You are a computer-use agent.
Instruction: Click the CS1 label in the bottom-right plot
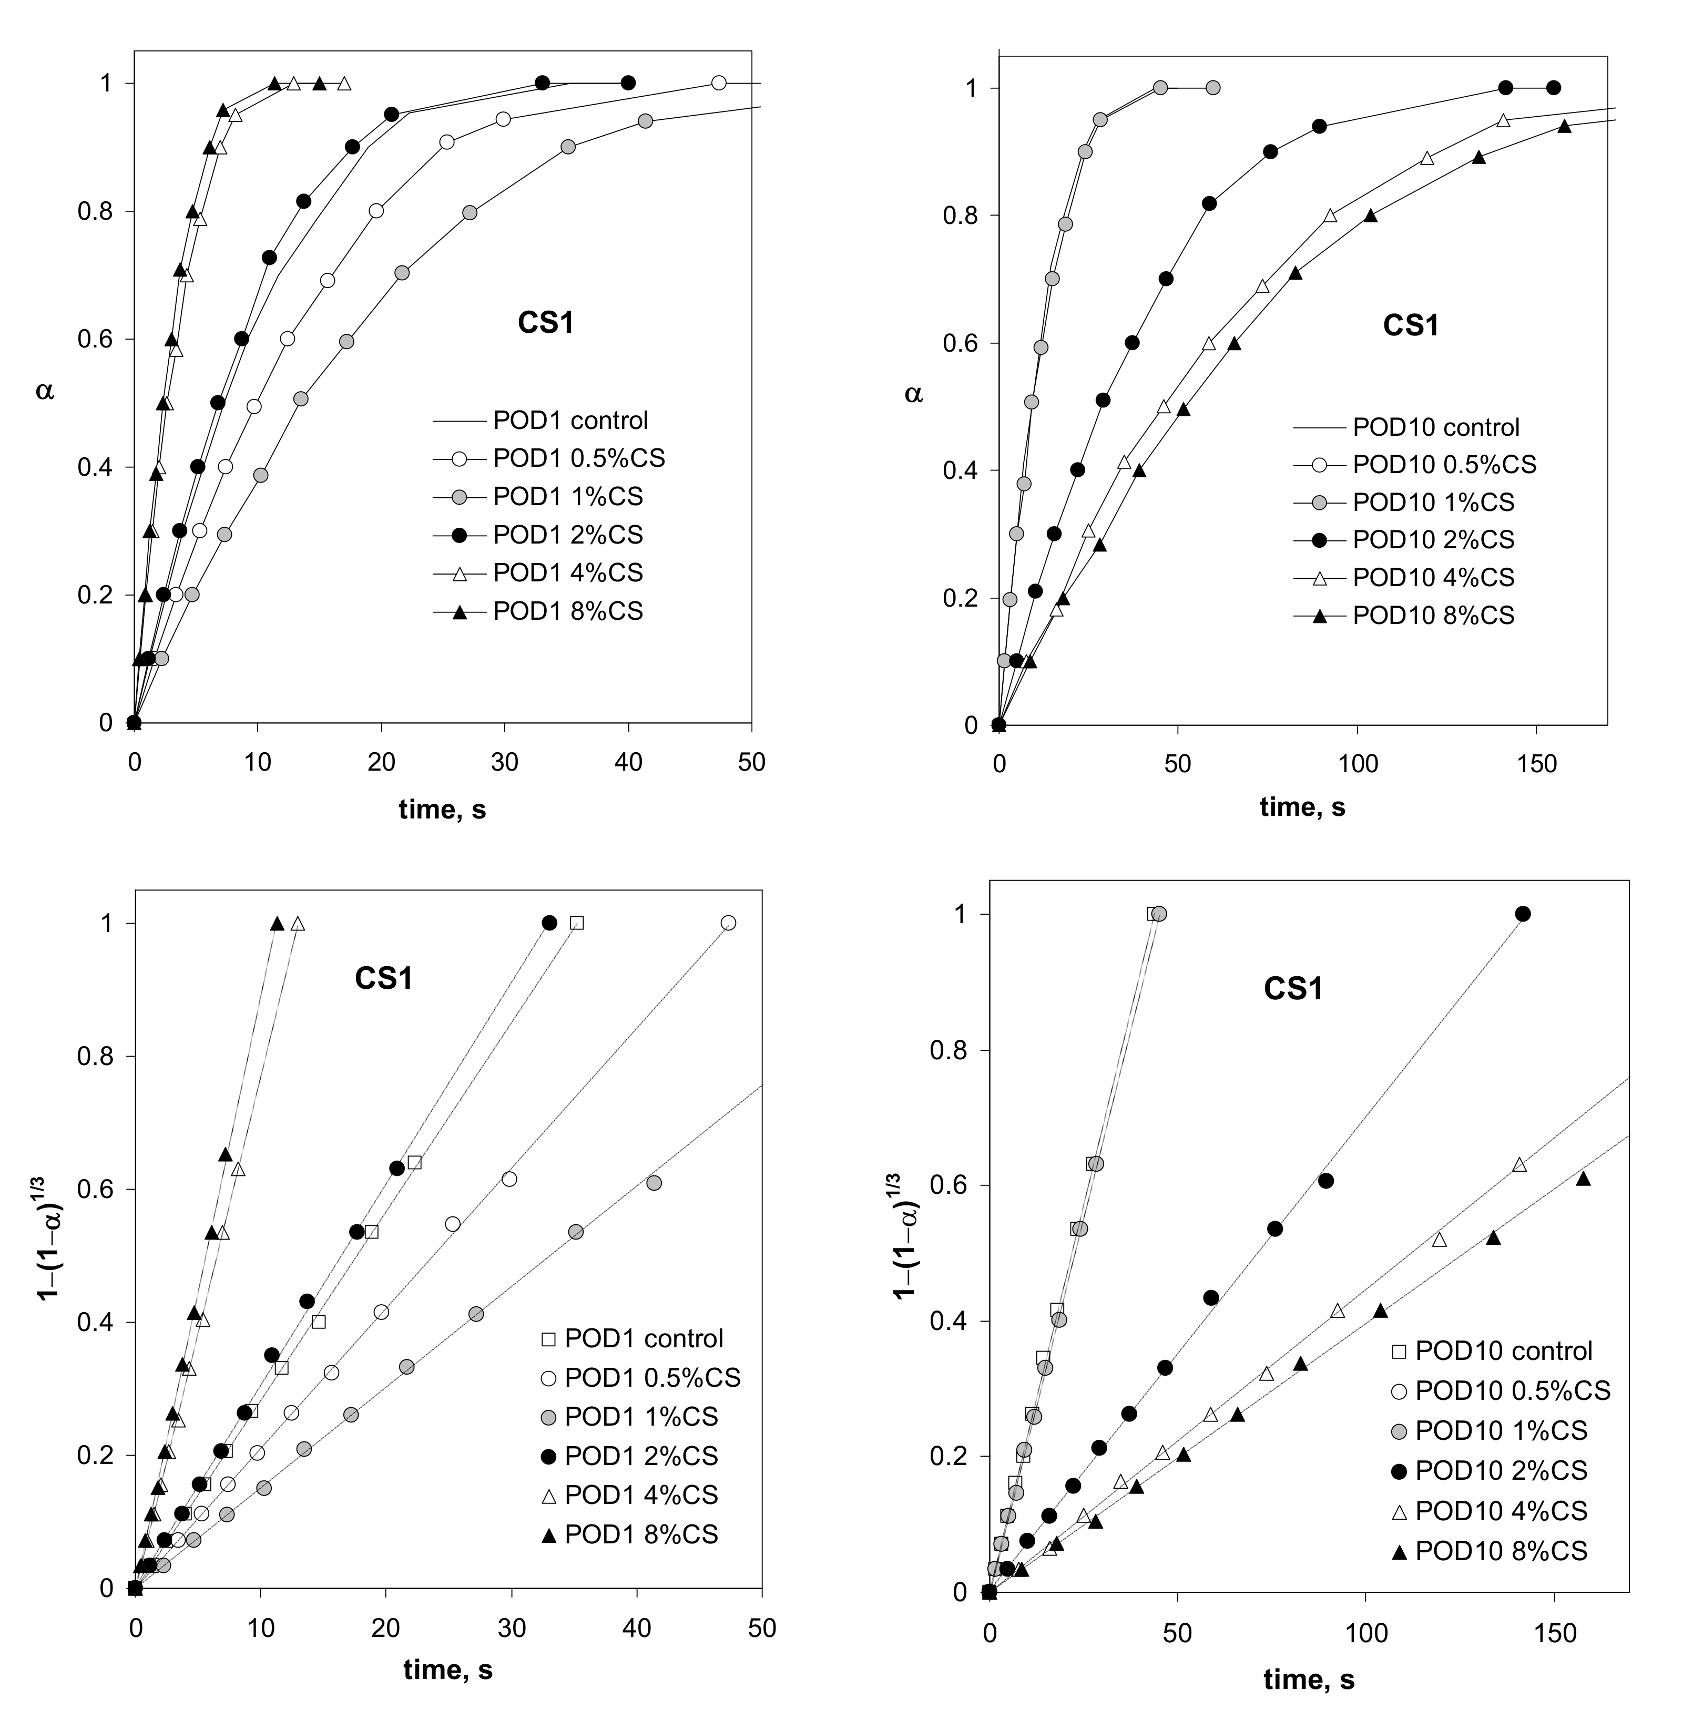1293,988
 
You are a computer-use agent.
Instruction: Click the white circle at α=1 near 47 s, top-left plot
719,83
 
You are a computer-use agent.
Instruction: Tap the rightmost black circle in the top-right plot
1553,87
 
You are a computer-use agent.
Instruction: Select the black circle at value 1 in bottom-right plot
1522,914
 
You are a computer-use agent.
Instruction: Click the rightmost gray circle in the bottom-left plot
654,1183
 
